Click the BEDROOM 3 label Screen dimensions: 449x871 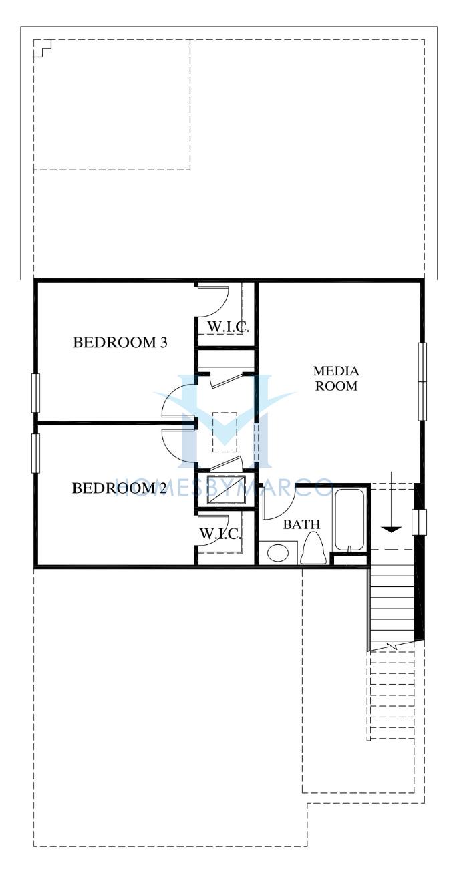(x=120, y=343)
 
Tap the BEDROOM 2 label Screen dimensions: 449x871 (x=120, y=488)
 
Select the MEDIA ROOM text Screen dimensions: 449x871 (x=336, y=378)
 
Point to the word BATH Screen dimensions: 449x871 (x=301, y=524)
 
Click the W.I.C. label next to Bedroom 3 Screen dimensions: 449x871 (x=228, y=327)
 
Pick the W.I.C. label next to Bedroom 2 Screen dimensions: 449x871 (x=220, y=534)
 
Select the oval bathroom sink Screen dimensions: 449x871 (x=277, y=553)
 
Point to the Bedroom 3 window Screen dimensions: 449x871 (x=35, y=393)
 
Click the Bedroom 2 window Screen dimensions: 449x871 (x=35, y=453)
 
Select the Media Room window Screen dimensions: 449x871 (x=422, y=381)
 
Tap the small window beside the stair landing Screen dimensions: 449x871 (x=420, y=522)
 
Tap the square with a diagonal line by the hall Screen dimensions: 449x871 (x=226, y=489)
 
